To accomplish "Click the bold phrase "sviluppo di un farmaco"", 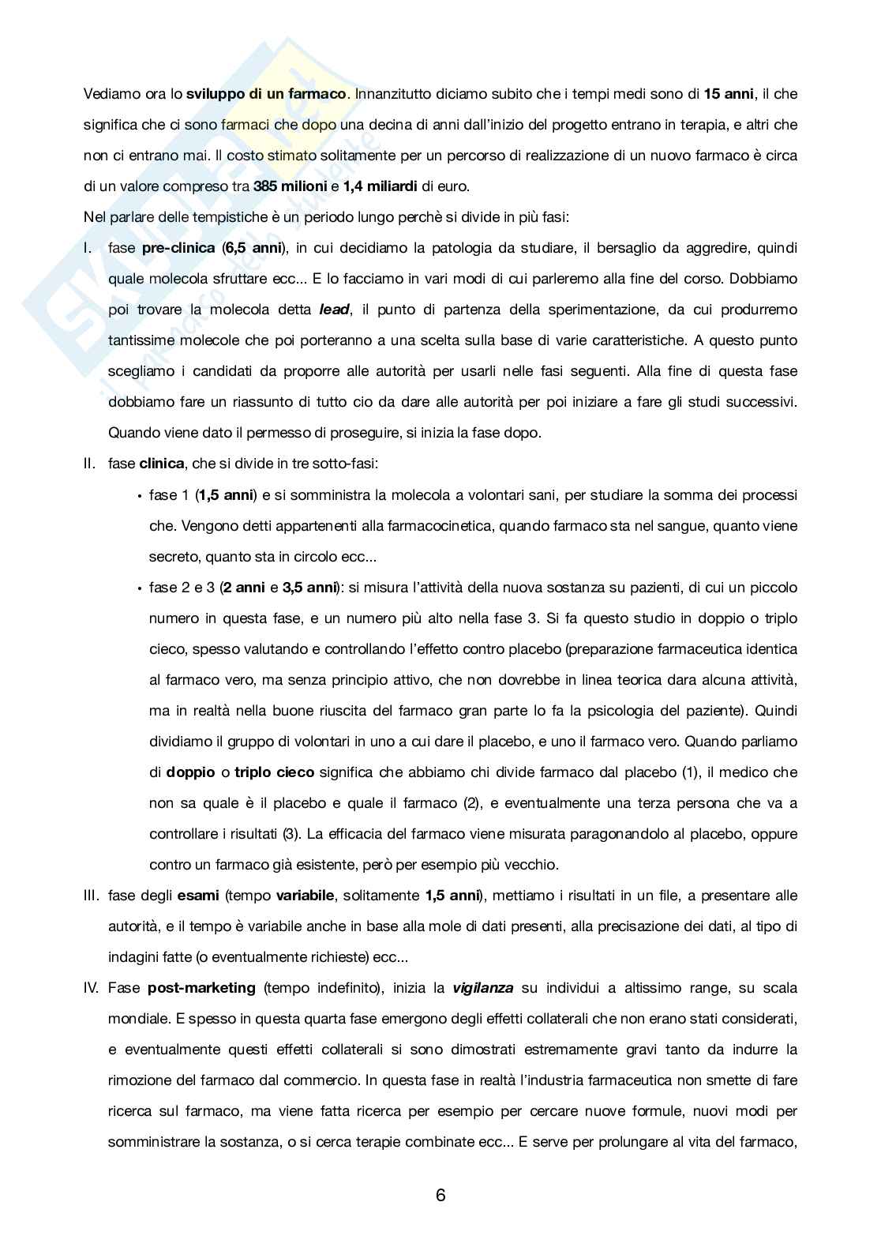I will [x=266, y=94].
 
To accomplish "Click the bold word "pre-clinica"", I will [x=178, y=248].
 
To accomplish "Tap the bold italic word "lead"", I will [x=334, y=310].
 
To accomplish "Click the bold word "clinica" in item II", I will [x=162, y=464].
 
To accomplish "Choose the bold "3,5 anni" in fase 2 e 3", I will [x=309, y=588].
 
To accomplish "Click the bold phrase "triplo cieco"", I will [x=274, y=772].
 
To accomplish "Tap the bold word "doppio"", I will [x=190, y=772].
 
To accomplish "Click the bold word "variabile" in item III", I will [x=304, y=896].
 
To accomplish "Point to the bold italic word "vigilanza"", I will [x=482, y=988].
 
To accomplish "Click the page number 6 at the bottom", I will [x=440, y=1195].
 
